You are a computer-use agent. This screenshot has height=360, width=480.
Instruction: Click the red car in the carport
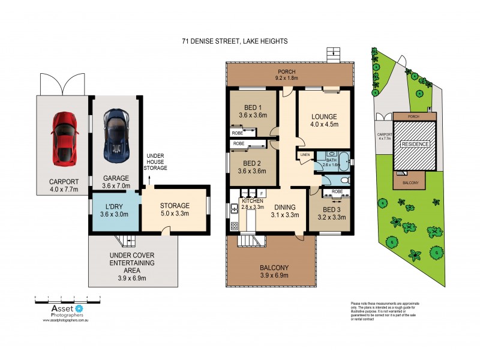(64, 139)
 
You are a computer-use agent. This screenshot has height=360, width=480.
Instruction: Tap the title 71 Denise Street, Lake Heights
(235, 41)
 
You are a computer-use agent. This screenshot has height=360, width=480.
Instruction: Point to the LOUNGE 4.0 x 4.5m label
(324, 120)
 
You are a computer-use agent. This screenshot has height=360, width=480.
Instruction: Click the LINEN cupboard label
(305, 155)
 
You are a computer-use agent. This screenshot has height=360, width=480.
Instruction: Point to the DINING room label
(284, 211)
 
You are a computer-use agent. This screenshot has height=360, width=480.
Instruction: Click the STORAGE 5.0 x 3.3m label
(175, 209)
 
